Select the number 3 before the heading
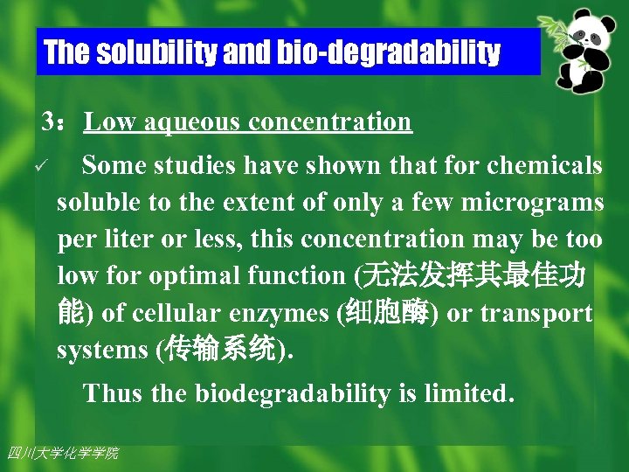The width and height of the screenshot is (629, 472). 50,121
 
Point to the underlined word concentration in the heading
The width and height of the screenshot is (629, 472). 330,121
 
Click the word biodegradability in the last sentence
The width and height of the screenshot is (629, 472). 292,393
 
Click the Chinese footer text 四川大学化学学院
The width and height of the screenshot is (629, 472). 62,453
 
